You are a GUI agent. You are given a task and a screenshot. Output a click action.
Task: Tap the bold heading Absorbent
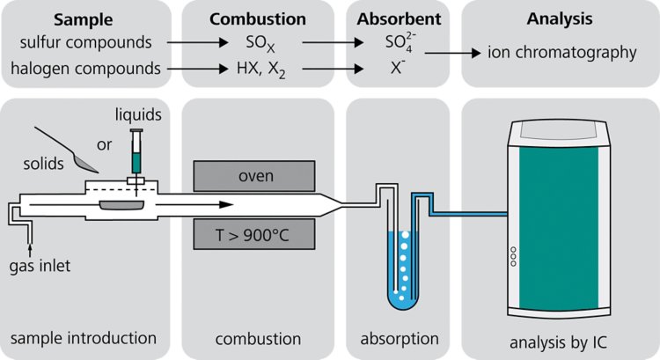396,18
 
